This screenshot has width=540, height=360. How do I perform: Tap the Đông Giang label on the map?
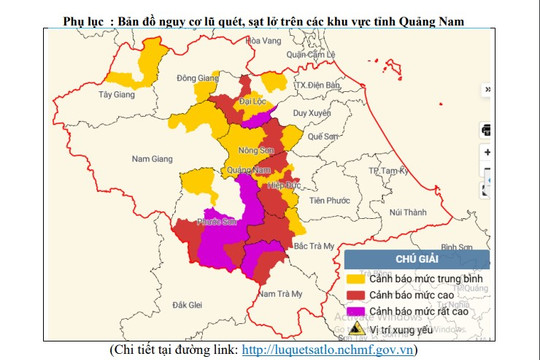click(196, 77)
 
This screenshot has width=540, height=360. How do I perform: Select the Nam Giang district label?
click(153, 158)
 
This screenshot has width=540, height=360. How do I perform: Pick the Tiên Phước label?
click(329, 200)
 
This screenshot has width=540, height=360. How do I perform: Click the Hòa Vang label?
click(265, 41)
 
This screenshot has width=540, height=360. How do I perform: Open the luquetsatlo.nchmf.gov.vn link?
click(329, 350)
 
